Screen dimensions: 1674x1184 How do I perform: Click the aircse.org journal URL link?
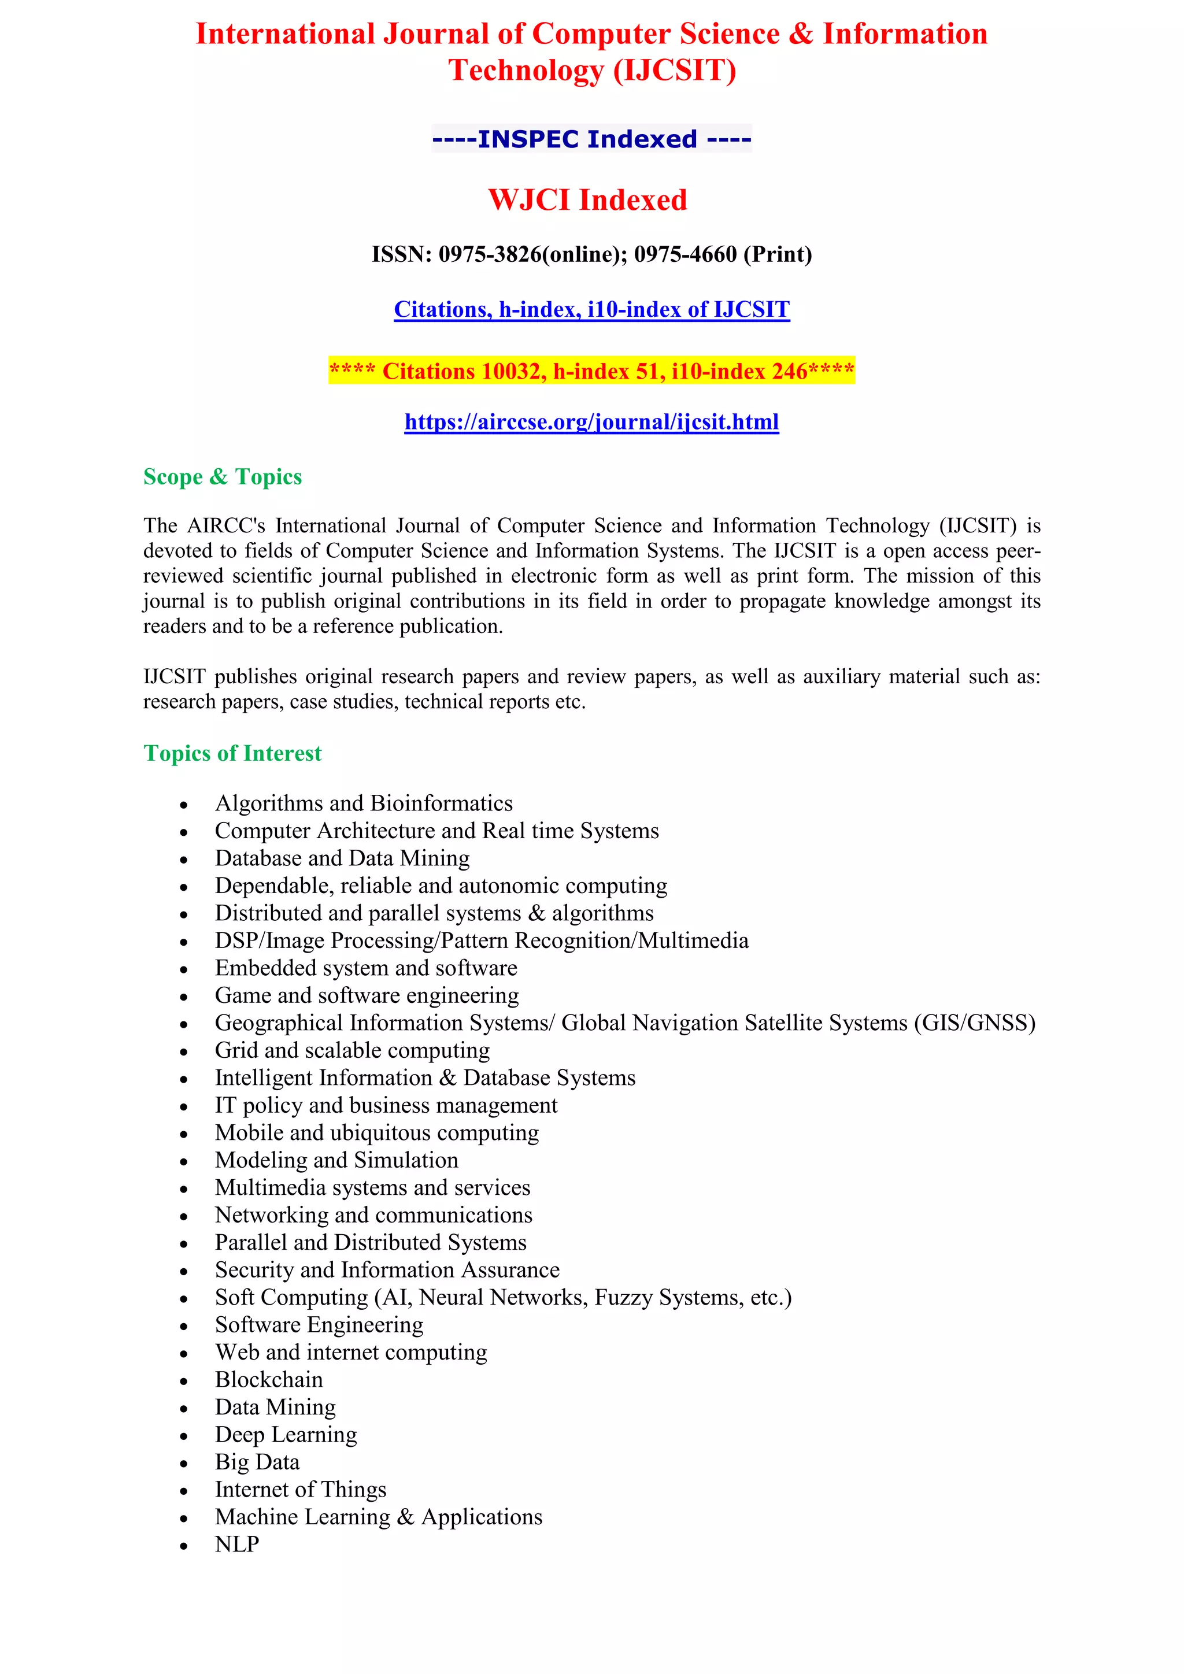coord(591,422)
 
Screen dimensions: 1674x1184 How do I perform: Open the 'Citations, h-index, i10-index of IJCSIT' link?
coord(591,310)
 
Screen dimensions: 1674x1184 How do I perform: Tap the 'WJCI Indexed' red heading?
coord(587,201)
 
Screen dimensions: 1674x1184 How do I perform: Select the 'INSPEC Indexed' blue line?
coord(591,139)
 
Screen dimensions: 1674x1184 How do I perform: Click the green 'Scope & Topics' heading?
coord(223,477)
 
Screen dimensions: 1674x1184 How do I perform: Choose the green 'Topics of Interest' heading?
coord(232,753)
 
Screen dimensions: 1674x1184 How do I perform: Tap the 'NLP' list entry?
coord(237,1544)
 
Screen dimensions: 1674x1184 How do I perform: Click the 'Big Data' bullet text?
coord(257,1462)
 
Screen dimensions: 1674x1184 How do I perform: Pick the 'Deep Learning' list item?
coord(286,1434)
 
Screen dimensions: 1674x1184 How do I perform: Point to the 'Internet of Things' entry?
coord(301,1489)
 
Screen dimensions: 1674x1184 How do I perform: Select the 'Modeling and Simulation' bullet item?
coord(336,1160)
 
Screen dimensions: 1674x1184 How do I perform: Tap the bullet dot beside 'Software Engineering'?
coord(184,1326)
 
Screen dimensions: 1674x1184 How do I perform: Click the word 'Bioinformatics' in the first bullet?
coord(441,803)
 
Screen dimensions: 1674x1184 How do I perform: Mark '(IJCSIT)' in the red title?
coord(675,70)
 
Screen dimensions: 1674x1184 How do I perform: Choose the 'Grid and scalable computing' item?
coord(352,1051)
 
